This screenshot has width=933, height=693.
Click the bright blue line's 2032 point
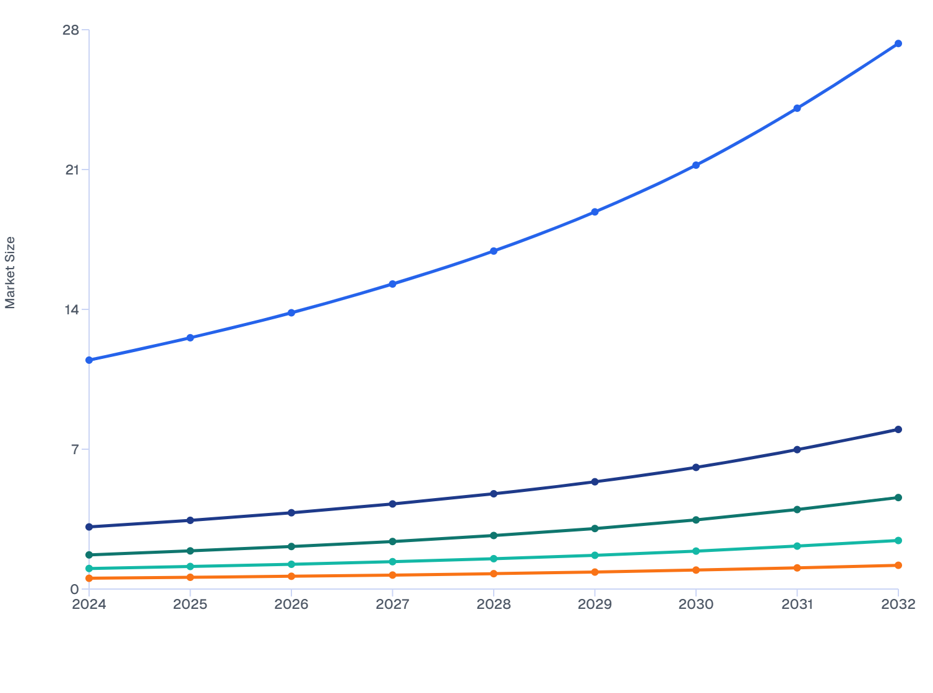898,43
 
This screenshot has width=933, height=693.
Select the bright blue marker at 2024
89,360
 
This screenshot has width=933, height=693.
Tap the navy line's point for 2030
695,467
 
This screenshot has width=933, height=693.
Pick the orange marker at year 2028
494,574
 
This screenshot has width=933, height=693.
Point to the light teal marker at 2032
898,540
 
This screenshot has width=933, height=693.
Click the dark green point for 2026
291,546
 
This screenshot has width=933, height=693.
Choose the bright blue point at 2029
595,212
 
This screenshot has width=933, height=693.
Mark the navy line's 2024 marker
89,527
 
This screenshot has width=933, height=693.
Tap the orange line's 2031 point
797,567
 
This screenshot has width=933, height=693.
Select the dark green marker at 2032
898,497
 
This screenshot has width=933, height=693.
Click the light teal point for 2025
190,566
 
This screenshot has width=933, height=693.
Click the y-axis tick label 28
71,30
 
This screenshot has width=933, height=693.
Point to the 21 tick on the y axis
72,170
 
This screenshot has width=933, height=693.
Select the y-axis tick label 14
72,309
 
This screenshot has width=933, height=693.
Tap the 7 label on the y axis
75,449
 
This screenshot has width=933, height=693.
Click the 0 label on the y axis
75,589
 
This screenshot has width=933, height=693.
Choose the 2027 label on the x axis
392,605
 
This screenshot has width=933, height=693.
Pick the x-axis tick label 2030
695,605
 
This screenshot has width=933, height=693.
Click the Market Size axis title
10,272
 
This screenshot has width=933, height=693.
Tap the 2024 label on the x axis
89,605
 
